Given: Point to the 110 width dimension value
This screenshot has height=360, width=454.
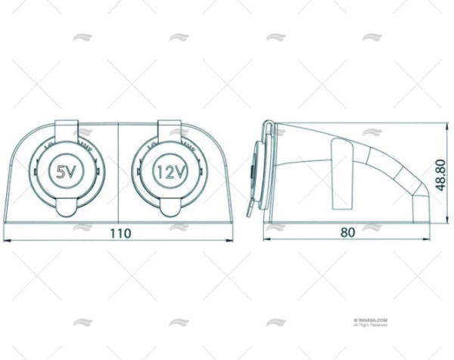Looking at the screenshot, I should (120, 233).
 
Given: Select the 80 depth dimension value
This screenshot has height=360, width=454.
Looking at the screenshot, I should (347, 233).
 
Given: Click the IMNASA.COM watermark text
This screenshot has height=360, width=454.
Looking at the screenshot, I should (370, 320).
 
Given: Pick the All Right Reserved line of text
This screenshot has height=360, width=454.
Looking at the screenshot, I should (370, 325).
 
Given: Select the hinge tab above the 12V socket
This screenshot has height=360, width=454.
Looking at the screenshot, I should (170, 126).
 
